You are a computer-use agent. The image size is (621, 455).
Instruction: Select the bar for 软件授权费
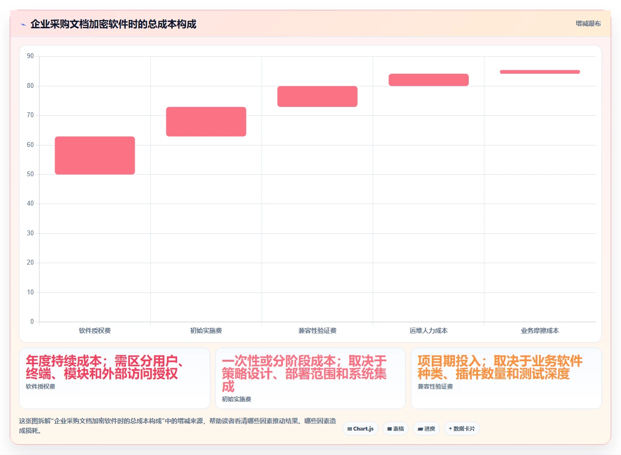(x=95, y=155)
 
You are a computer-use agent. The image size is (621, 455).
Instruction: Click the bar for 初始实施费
(x=206, y=122)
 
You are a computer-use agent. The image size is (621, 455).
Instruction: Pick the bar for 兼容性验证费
(x=318, y=96)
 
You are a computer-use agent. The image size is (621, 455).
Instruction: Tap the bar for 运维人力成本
(x=429, y=80)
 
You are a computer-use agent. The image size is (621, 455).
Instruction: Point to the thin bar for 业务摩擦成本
(x=540, y=72)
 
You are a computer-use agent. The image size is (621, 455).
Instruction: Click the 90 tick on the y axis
(x=30, y=56)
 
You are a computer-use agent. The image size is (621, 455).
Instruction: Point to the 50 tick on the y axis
(x=30, y=174)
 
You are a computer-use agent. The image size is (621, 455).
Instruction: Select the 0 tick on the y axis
(x=32, y=322)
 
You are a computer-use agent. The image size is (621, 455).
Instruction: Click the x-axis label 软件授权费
(x=95, y=331)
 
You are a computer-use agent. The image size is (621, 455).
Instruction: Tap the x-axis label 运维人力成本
(x=429, y=331)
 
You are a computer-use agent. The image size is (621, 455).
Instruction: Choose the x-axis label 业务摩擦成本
(x=540, y=331)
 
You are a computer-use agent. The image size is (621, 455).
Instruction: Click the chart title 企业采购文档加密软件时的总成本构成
(x=113, y=24)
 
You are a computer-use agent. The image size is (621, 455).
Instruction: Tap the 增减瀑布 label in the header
(x=588, y=23)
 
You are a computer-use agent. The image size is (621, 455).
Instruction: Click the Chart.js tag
(x=361, y=429)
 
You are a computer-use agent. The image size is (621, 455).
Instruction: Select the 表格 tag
(x=396, y=429)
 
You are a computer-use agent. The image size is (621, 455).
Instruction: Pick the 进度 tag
(x=426, y=429)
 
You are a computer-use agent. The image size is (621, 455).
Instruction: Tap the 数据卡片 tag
(x=462, y=429)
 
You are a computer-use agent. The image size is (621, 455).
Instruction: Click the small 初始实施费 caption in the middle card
(x=237, y=399)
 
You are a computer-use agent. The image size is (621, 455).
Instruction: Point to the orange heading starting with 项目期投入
(x=500, y=367)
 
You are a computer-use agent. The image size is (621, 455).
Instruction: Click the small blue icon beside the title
(x=23, y=25)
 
